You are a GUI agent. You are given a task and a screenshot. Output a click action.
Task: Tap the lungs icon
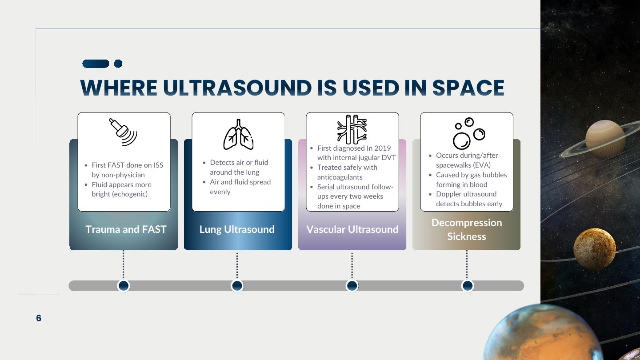click(x=238, y=135)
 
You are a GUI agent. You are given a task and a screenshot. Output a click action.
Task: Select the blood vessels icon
click(x=352, y=129)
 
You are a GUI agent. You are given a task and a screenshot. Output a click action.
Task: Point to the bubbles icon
click(x=469, y=133)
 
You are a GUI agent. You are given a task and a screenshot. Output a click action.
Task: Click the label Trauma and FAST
click(x=126, y=229)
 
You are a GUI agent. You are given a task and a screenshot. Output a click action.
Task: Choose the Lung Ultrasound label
click(x=237, y=229)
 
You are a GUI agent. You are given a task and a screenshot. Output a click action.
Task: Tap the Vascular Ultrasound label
click(x=352, y=229)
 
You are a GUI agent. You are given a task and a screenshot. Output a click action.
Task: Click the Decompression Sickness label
click(x=467, y=229)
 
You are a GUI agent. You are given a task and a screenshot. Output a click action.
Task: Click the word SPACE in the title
click(x=468, y=88)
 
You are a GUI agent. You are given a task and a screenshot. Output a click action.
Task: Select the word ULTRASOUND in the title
click(x=237, y=88)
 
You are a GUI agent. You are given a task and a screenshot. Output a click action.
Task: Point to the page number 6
click(x=39, y=318)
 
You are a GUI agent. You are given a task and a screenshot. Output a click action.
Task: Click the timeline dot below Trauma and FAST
click(x=124, y=286)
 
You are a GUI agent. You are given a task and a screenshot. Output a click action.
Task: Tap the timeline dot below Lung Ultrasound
click(x=237, y=286)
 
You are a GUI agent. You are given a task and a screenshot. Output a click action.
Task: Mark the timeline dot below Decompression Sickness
click(x=468, y=286)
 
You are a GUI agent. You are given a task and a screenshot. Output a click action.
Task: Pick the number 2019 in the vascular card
click(x=383, y=148)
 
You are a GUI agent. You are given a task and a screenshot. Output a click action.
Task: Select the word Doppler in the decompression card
click(x=446, y=194)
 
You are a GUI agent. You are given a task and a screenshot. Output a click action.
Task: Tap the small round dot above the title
click(x=118, y=64)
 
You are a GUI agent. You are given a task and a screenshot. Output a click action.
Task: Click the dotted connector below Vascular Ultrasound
click(x=352, y=265)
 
